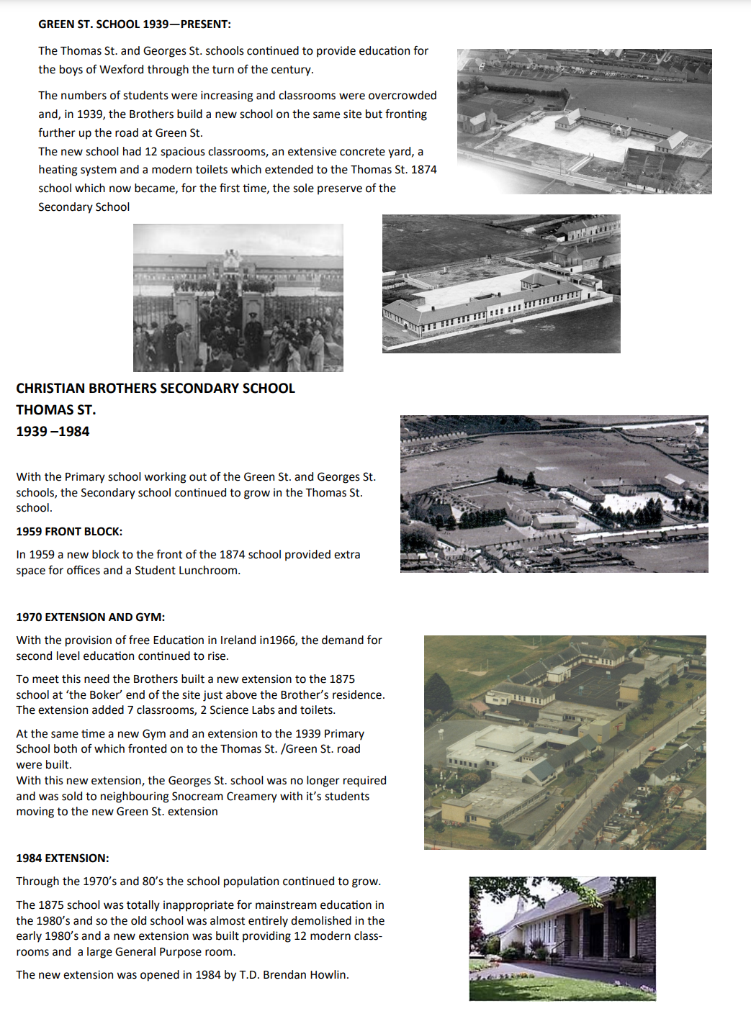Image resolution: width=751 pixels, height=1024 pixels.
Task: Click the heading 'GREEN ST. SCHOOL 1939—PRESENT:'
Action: [x=135, y=24]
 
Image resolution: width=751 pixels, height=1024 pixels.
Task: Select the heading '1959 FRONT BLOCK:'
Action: [x=69, y=532]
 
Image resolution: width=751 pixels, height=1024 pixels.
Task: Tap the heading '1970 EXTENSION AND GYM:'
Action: [x=91, y=617]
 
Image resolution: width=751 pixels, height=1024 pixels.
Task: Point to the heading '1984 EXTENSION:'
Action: [x=63, y=858]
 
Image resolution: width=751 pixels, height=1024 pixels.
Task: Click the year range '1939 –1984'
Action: [x=53, y=432]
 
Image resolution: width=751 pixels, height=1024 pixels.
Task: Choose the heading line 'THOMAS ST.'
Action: [x=56, y=410]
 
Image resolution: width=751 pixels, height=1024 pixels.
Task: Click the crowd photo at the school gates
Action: [x=238, y=298]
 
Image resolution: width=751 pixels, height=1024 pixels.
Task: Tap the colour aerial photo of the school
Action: [x=565, y=743]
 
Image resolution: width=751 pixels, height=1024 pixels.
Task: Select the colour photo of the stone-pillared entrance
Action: [x=562, y=938]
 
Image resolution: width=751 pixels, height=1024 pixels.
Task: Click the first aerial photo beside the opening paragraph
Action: [x=585, y=122]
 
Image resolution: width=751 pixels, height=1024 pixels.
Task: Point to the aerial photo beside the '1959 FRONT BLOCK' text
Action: [x=554, y=494]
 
